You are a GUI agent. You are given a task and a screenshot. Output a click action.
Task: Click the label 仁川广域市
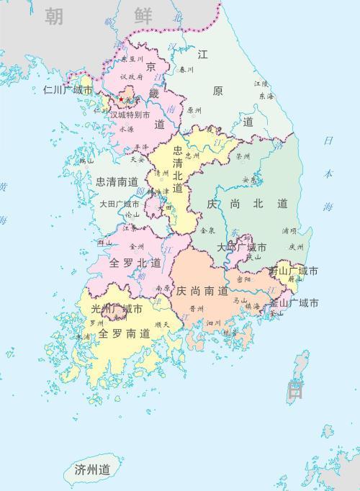tap(68, 91)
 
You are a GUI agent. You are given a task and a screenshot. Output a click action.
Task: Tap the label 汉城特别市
tap(130, 114)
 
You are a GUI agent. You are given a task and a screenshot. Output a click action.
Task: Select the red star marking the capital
tap(122, 99)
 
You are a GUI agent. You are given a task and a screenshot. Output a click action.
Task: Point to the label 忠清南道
tap(117, 181)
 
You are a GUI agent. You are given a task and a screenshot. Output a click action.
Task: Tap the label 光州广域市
tap(116, 309)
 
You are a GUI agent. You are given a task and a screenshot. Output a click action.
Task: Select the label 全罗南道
tap(125, 334)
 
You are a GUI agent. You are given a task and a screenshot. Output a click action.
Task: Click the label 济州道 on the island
tap(92, 469)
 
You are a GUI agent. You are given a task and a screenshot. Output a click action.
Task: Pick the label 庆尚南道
tap(202, 292)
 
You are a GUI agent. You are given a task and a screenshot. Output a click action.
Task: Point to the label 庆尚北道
tap(247, 204)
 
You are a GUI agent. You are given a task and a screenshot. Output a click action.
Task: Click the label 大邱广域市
tap(241, 247)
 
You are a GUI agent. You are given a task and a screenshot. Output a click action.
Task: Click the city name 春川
tap(186, 70)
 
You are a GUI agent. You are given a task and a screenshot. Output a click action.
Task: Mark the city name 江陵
tap(261, 84)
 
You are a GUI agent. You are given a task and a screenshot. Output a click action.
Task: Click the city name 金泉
tap(207, 230)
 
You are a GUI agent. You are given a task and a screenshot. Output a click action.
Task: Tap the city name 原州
tap(194, 111)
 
